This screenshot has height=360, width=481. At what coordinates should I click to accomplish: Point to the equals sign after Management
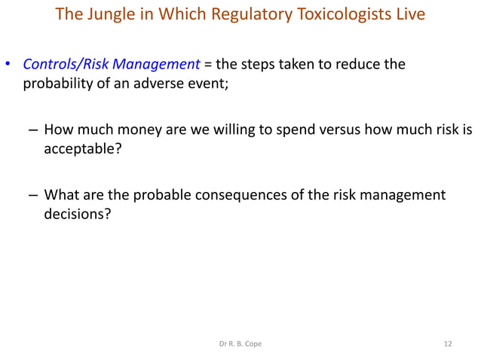(x=207, y=64)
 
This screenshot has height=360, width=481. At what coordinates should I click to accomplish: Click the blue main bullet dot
(x=9, y=65)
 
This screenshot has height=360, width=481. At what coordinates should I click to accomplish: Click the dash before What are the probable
(x=34, y=196)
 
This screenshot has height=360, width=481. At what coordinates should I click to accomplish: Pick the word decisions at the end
(x=77, y=214)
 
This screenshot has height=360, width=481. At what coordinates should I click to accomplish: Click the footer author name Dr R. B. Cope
(x=240, y=344)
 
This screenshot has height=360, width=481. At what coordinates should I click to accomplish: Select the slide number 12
(x=449, y=344)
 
